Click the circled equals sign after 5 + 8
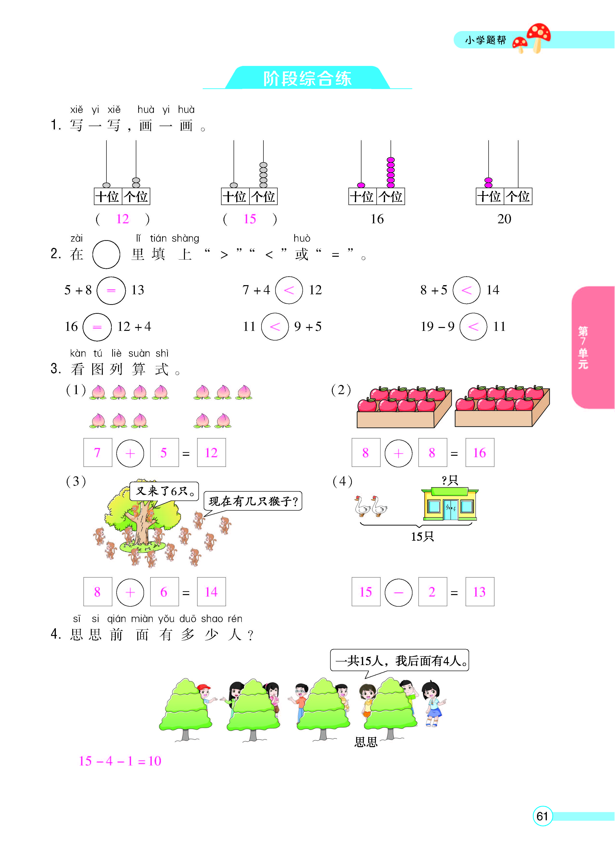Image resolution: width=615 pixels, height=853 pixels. (111, 290)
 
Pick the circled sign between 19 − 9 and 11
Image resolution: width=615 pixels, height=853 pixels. (473, 327)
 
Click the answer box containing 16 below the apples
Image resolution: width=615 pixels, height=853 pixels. (479, 452)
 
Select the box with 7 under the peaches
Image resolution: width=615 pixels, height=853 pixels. (98, 452)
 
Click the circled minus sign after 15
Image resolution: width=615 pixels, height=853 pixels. (398, 592)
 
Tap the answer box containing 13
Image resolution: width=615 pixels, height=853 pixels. (479, 592)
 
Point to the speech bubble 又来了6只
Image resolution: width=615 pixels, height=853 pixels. (164, 491)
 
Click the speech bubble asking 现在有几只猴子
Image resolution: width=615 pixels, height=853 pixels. (253, 501)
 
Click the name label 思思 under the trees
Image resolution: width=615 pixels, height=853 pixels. (366, 742)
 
